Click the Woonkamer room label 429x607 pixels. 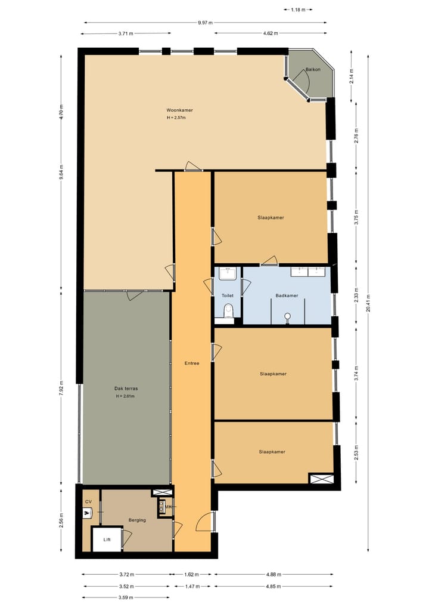[x=179, y=110]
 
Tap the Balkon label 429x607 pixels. [x=313, y=70]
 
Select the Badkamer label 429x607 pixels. [x=287, y=295]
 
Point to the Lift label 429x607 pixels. [x=107, y=539]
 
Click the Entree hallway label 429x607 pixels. [x=191, y=363]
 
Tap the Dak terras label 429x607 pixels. [x=126, y=389]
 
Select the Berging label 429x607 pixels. [x=137, y=520]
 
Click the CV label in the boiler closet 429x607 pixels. [x=88, y=501]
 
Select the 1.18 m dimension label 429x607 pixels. [x=299, y=10]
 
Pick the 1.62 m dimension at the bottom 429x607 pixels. [x=192, y=575]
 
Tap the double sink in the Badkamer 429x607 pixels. [x=308, y=272]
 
